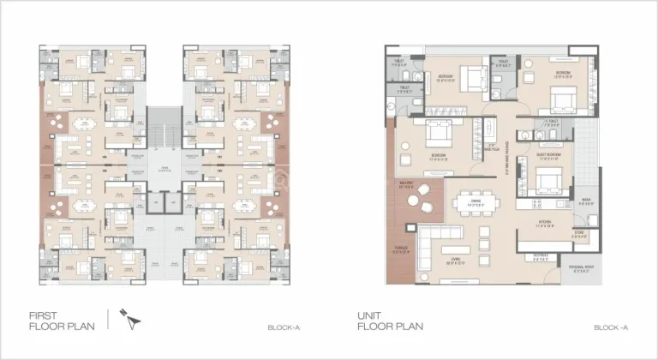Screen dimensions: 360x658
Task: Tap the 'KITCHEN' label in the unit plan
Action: click(546, 222)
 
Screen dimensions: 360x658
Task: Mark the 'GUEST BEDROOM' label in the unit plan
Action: click(548, 157)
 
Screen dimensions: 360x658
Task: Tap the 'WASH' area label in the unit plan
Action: click(585, 201)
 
